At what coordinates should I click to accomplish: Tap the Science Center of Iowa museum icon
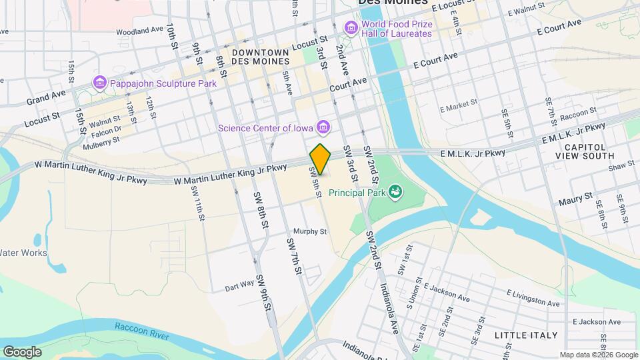coord(323,126)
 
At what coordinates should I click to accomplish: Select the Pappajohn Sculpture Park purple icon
coord(100,83)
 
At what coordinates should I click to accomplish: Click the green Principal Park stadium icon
coord(396,193)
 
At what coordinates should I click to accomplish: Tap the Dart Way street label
coord(239,285)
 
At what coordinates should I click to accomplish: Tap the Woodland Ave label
coord(139,31)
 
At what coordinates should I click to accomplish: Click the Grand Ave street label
coord(47,98)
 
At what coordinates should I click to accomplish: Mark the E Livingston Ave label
coord(533,297)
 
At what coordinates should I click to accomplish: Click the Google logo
coord(22,351)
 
